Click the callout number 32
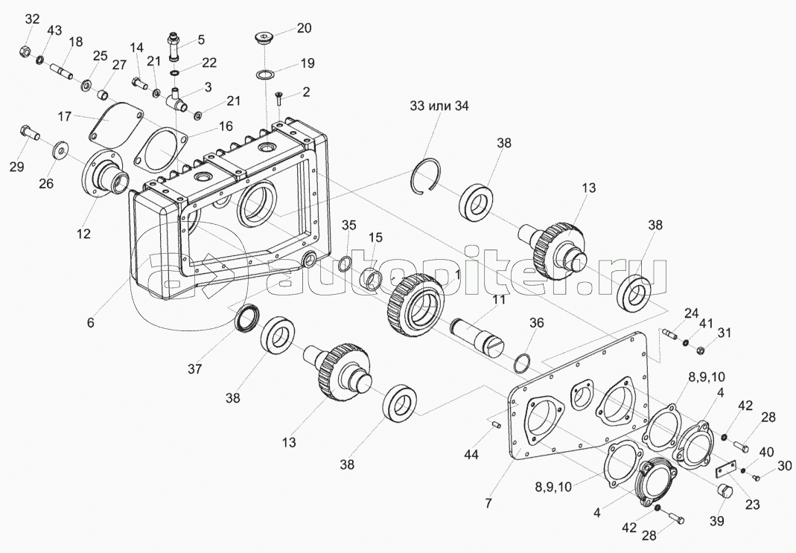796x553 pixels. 31,19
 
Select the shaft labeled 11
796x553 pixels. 479,333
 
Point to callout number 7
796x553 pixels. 488,502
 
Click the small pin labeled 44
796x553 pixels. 494,424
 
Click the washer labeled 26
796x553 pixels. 58,152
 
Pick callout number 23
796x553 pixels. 753,504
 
